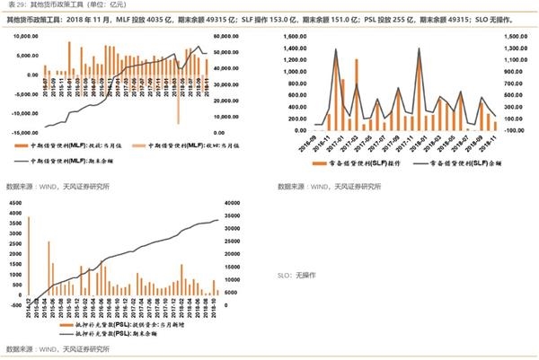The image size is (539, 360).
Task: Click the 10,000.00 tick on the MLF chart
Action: pyautogui.click(x=19, y=36)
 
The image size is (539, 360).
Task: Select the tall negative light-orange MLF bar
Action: pyautogui.click(x=179, y=99)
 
